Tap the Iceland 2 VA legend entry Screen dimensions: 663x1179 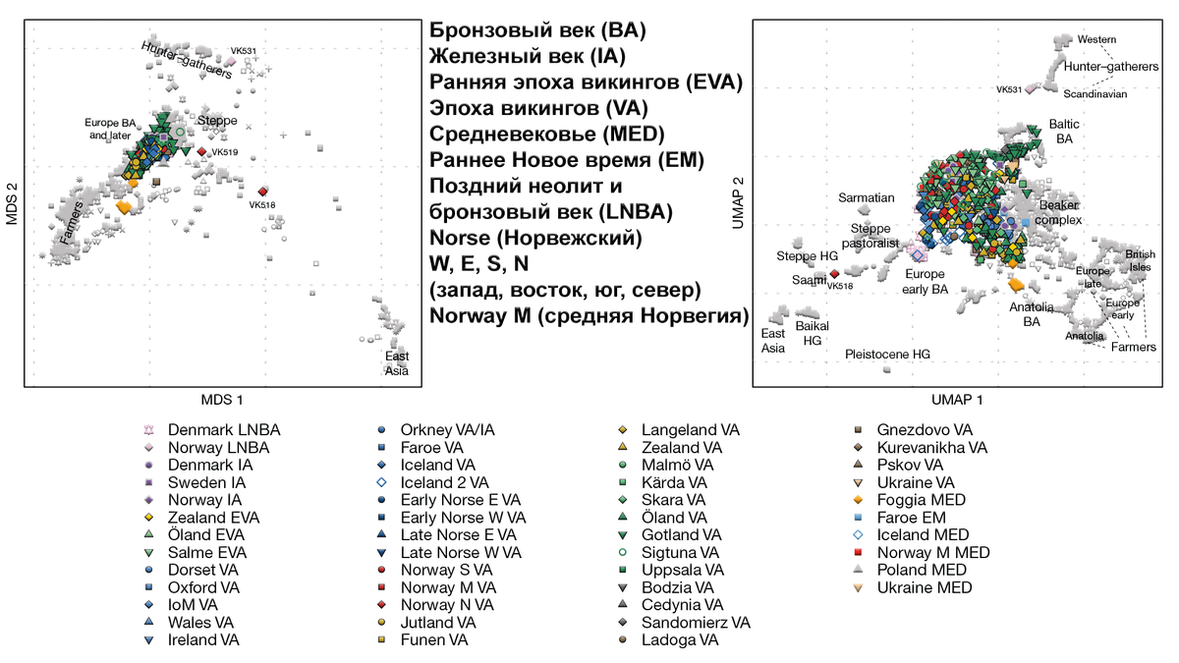pyautogui.click(x=444, y=482)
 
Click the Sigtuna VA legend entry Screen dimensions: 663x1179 pyautogui.click(x=676, y=553)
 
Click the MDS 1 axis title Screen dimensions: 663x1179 pyautogui.click(x=222, y=400)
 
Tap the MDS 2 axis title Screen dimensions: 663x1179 pyautogui.click(x=12, y=203)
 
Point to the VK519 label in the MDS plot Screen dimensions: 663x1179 pyautogui.click(x=224, y=153)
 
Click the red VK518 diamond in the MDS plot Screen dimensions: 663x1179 pyautogui.click(x=263, y=192)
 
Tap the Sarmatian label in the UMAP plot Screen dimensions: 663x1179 pyautogui.click(x=866, y=198)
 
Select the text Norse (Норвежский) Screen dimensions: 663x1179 pyautogui.click(x=535, y=239)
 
